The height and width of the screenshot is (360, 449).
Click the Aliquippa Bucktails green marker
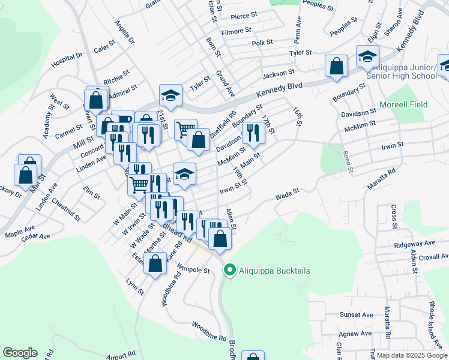point(229,271)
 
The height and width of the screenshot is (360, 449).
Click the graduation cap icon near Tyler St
point(170,96)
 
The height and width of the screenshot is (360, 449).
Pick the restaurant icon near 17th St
point(253,134)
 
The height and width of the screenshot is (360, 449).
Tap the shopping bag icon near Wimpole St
point(155,264)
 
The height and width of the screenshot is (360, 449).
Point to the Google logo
point(20,353)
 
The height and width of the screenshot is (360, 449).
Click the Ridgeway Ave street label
point(415,244)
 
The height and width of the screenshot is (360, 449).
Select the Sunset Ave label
point(357,314)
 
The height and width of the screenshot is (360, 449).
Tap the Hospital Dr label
point(67,59)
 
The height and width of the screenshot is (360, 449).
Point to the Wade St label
point(287,194)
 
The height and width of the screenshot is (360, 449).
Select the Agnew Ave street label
point(355,334)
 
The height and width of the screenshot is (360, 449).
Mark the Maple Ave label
point(20,231)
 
